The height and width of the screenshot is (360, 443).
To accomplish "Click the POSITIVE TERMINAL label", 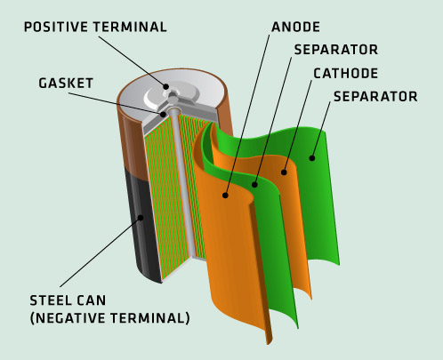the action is coord(95,27).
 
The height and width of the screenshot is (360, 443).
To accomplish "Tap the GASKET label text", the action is coord(66,84).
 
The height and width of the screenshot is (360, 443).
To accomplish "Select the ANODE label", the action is coord(295,27).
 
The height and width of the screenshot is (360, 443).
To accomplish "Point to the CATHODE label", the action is coord(346,74).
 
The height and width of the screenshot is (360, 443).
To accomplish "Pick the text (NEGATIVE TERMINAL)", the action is coord(109,318).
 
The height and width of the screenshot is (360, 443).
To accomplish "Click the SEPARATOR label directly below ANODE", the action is coord(336,50).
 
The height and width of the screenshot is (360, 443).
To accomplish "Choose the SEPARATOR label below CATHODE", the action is coord(375,97).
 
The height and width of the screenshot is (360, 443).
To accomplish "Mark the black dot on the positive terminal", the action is coord(166,86).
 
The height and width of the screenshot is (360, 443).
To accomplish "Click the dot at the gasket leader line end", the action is coord(163,114).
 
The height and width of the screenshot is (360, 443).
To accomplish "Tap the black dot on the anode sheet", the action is coord(225,196).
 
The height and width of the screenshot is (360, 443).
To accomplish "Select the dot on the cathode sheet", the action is coord(284,172).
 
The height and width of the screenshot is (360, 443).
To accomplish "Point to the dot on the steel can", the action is coord(141,218).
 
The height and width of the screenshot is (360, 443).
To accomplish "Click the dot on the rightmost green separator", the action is coord(312,158).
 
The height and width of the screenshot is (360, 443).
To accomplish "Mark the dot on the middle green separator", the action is coord(254,185).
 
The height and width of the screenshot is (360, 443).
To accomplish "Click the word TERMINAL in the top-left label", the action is coord(130,27).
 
